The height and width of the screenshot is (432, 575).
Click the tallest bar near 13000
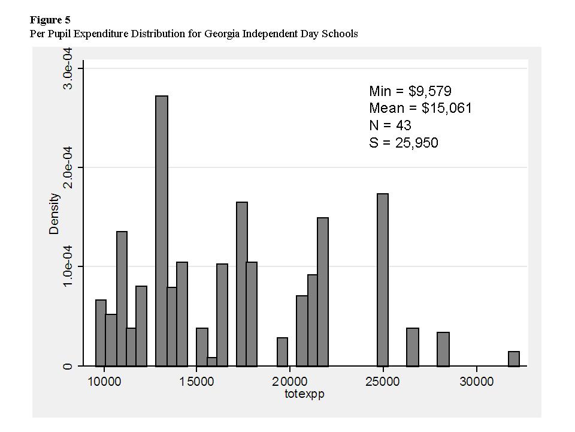pos(162,231)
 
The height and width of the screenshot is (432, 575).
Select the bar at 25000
pos(383,280)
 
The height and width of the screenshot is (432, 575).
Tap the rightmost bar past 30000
pos(514,359)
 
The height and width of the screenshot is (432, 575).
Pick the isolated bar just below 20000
pos(282,352)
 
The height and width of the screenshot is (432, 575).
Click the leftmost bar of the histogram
pos(101,333)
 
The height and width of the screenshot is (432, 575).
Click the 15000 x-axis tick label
pos(197,382)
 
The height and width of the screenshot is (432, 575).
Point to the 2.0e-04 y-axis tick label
pos(69,167)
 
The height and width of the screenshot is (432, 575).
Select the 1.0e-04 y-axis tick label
pos(69,266)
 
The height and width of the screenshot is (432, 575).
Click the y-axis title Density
pos(55,214)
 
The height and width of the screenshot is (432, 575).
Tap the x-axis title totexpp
pos(304,395)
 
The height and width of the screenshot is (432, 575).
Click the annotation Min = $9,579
pos(410,91)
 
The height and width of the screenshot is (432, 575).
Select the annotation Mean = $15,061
pos(420,109)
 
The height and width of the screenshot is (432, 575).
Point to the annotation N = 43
pos(390,125)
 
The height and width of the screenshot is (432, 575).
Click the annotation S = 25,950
pos(404,143)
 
